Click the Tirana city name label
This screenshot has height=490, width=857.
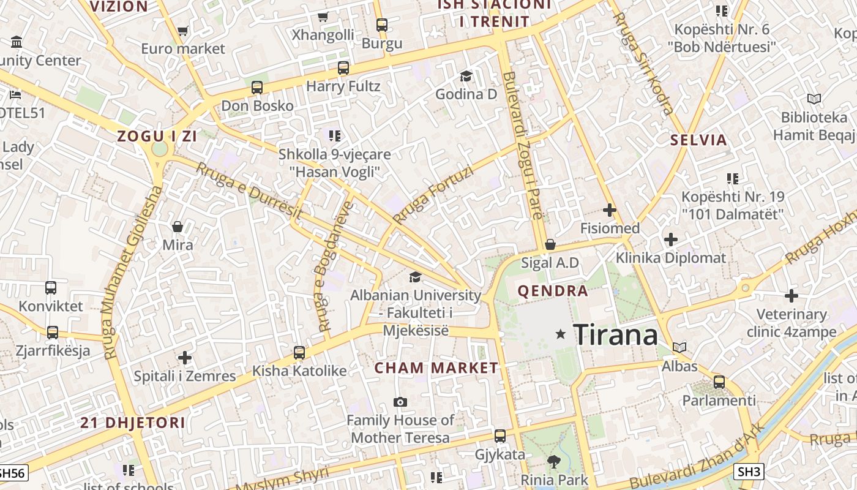(615, 335)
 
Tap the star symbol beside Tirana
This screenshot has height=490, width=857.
(560, 334)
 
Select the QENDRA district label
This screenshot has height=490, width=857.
(553, 291)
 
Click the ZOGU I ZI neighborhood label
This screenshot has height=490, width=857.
(157, 137)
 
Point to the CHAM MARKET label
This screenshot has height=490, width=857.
(436, 368)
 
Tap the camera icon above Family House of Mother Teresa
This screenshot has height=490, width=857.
(400, 402)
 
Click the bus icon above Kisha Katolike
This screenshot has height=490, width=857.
(299, 352)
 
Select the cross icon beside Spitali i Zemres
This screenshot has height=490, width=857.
(185, 358)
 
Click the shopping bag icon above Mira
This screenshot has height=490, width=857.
(178, 227)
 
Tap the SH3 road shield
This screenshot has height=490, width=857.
(749, 471)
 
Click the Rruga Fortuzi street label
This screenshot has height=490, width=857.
(433, 195)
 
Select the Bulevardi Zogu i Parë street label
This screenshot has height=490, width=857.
(522, 145)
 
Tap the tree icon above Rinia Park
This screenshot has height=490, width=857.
(554, 461)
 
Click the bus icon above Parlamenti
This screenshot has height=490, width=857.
(719, 382)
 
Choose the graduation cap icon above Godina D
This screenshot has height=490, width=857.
(466, 76)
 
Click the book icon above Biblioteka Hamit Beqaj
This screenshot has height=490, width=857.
(814, 99)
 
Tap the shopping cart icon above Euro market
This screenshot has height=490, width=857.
(182, 30)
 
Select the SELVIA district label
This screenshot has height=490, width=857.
(698, 140)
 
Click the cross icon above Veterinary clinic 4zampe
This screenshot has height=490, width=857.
(792, 296)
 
